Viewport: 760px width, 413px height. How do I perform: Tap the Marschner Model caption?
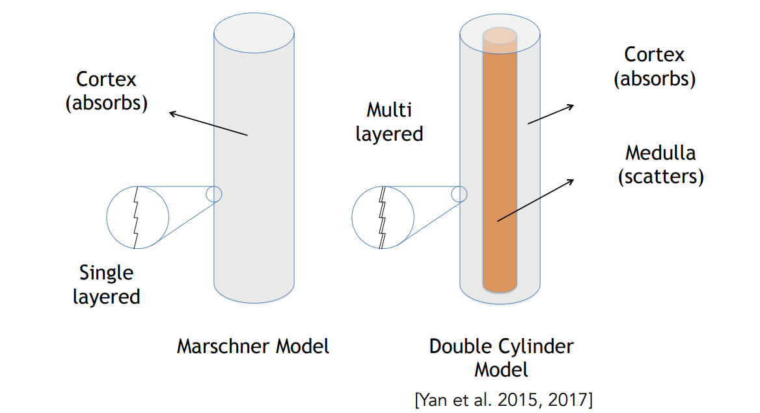(x=252, y=346)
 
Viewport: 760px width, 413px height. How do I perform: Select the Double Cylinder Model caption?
(x=501, y=357)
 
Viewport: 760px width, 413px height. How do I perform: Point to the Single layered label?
(x=106, y=285)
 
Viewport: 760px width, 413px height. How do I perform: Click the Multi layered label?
(x=389, y=121)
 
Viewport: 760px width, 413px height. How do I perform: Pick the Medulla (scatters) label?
(x=660, y=165)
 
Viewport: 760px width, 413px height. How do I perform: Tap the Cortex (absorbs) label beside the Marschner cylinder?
(x=107, y=91)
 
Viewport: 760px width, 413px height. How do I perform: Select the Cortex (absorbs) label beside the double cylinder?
(x=654, y=66)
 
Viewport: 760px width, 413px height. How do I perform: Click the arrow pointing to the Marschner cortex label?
(x=208, y=124)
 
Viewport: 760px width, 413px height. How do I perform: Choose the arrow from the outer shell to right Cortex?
(x=550, y=113)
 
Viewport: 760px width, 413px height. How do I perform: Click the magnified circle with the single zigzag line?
(x=137, y=218)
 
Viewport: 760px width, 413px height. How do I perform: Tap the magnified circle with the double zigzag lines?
(x=383, y=218)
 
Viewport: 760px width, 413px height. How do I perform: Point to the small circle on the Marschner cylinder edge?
(x=214, y=193)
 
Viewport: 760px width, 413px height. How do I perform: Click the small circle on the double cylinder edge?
(x=459, y=193)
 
